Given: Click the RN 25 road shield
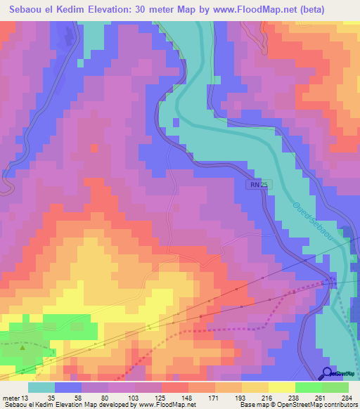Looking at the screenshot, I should [258, 184].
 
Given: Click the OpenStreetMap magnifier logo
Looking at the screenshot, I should [328, 374].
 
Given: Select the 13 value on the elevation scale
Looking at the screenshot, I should [26, 397].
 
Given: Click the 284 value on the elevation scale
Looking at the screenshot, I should [346, 397].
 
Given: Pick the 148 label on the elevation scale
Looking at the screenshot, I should [186, 397].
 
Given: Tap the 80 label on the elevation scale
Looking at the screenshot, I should [106, 397].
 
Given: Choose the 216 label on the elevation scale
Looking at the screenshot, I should [266, 397].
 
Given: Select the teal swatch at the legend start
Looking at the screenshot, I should [41, 387].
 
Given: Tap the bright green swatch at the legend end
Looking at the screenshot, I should [335, 387].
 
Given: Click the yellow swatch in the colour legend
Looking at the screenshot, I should [281, 387].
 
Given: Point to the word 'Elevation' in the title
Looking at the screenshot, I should [117, 10].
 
